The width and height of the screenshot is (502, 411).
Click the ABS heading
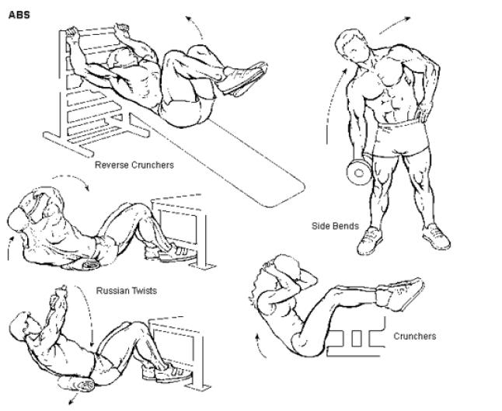[x=19, y=15]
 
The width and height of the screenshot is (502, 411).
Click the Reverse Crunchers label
[x=134, y=165]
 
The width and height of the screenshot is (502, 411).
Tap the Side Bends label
[x=335, y=226]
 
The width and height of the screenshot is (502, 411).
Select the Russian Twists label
[x=127, y=291]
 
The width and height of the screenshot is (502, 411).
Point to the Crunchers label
[x=415, y=336]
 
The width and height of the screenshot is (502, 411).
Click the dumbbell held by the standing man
[x=358, y=172]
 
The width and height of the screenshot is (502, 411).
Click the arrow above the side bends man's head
[x=395, y=24]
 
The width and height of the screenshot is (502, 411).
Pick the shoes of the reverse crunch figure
[x=243, y=78]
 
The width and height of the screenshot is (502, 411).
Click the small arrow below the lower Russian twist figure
[x=74, y=399]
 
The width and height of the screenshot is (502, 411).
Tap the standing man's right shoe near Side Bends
[x=370, y=240]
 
